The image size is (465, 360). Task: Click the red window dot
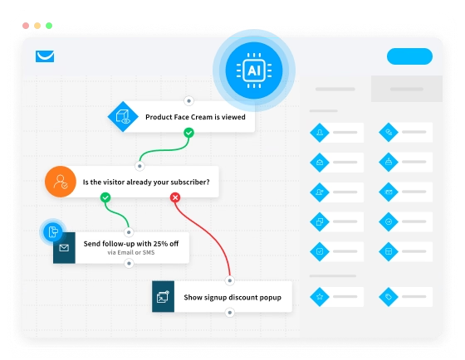click(26, 26)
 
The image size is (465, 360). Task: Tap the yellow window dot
click(37, 26)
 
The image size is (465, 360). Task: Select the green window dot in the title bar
click(49, 26)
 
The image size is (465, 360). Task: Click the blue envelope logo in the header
click(45, 56)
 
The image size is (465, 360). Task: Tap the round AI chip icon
click(254, 71)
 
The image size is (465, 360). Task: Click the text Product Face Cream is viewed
click(195, 117)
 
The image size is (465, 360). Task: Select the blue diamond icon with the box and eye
click(123, 116)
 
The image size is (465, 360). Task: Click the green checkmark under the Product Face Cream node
click(189, 133)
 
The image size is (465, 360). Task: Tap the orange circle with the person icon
click(61, 182)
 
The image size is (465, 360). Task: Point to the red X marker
click(175, 197)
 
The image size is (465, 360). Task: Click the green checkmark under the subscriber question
click(105, 197)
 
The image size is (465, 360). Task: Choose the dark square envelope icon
click(64, 248)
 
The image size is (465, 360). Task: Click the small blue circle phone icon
click(53, 231)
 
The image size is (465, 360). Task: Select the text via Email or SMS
click(131, 252)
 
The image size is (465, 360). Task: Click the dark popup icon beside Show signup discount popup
click(163, 297)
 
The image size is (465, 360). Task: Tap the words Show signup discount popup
click(232, 298)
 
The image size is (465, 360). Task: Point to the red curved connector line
click(207, 231)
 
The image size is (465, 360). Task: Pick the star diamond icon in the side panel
click(320, 296)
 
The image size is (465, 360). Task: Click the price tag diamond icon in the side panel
click(389, 296)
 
